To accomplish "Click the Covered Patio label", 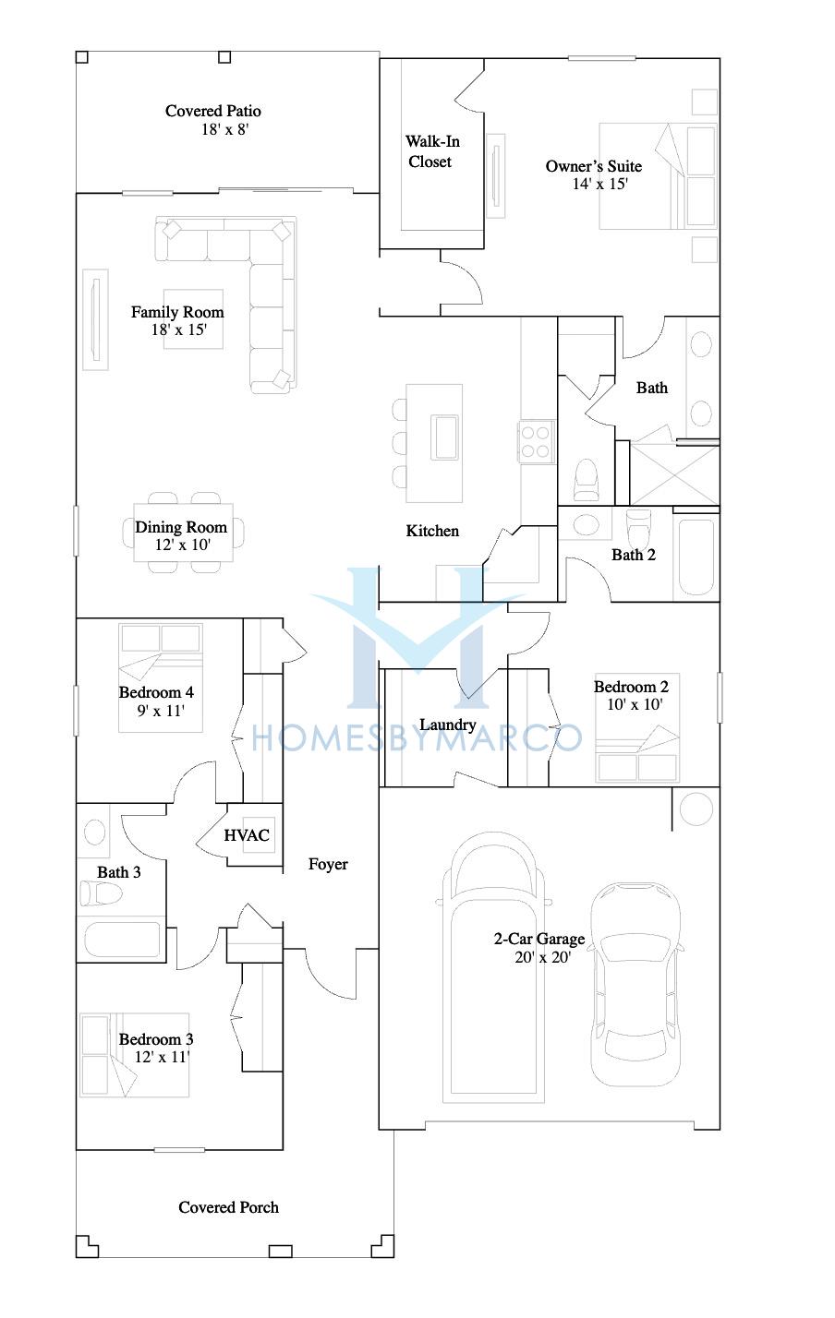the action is coord(213,111).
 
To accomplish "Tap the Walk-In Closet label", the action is coord(432,151).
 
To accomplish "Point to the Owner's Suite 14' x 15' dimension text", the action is coord(600,185).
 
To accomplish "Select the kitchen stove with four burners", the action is coord(536,442).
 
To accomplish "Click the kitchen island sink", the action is coord(444,437).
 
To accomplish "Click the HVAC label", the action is coord(246,835).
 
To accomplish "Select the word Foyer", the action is coord(328,864).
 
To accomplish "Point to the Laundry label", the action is coord(448,725).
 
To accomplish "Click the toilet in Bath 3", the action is coord(101,893).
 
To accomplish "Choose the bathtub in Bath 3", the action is coord(122,940).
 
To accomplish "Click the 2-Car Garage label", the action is coord(539,939).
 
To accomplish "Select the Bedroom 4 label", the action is coord(156,692).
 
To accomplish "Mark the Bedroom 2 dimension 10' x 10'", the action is coord(635,704).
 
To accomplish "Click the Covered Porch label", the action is coord(228,1207).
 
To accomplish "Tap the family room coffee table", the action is coord(193,319).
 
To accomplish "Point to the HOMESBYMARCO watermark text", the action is coord(417,739).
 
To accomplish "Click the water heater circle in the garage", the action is coord(696,809).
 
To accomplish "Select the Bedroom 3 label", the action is coord(156,1039).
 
